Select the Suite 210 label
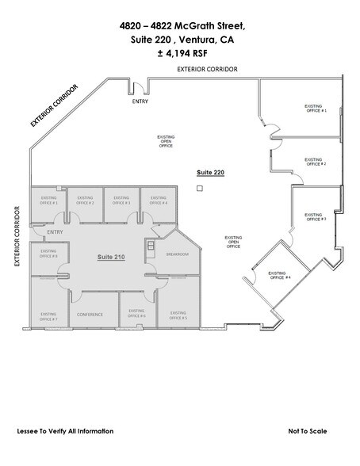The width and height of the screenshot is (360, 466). pos(111,258)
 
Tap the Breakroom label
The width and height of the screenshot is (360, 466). pos(177,254)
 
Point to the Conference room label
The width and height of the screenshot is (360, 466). pos(90,315)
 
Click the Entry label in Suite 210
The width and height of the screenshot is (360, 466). pos(55,231)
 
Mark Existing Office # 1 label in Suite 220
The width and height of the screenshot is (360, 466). pos(315,109)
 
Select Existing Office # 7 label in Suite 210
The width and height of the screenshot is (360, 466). pos(48,316)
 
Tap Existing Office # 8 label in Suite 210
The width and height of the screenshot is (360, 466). pos(48,254)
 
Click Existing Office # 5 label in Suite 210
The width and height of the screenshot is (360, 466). pos(178,316)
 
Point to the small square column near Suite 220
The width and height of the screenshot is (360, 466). pos(201,189)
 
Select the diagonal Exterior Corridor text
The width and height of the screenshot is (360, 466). pos(55,105)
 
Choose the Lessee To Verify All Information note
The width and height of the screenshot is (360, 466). pos(65,431)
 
